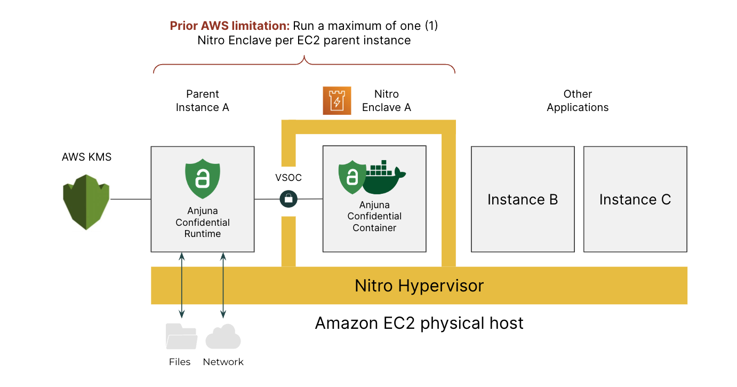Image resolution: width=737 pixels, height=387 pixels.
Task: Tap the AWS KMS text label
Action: point(87,157)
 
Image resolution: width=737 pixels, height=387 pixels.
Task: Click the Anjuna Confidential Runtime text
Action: point(203,222)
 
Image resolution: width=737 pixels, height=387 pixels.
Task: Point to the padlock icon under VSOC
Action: point(289,199)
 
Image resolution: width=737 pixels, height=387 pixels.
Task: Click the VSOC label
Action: point(289,178)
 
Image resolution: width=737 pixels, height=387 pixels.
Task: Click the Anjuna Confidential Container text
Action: point(374,216)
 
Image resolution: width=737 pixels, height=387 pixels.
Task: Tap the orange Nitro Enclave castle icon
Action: point(337,100)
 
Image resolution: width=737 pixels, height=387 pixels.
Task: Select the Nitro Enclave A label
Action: point(387,100)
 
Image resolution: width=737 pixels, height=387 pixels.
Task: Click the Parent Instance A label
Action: point(202,100)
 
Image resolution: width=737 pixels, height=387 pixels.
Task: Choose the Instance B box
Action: point(522,199)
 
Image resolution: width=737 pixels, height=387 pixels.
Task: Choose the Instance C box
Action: point(635,199)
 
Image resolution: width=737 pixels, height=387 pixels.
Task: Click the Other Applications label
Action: point(578,100)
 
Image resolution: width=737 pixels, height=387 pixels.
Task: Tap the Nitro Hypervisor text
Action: point(419,286)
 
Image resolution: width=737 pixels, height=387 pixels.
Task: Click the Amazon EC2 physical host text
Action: point(419,323)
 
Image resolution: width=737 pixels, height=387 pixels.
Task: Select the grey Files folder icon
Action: point(181,336)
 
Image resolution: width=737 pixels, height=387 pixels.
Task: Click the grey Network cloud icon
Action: point(223,337)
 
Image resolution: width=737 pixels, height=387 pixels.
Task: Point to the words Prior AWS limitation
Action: point(230,26)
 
